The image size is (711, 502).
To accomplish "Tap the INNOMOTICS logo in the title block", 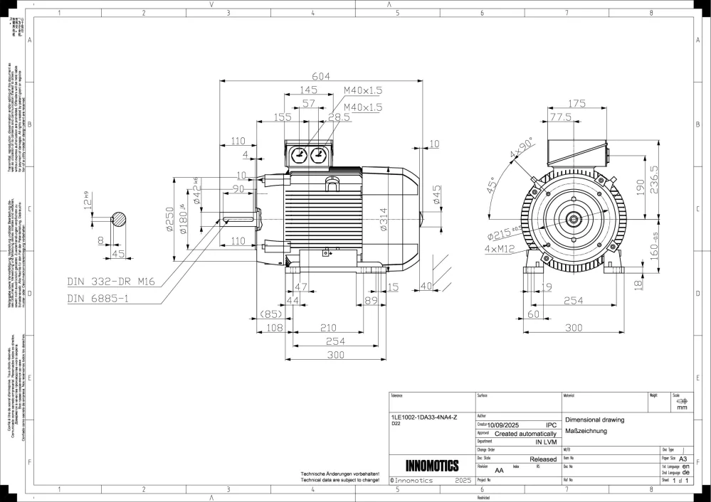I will (431, 466).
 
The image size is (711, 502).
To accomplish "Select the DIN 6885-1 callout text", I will (98, 299).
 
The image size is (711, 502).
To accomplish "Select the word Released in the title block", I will (543, 459).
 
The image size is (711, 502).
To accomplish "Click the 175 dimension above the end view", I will (577, 104).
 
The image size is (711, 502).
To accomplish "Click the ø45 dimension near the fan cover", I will (436, 194).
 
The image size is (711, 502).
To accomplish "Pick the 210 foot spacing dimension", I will (328, 328).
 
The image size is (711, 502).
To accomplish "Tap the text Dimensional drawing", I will (594, 420).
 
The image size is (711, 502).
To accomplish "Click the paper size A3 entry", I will (684, 459).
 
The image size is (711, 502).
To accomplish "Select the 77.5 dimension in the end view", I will (560, 117).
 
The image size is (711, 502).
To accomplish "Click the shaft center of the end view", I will (572, 220).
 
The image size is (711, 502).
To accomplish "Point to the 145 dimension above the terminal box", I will (308, 90).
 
